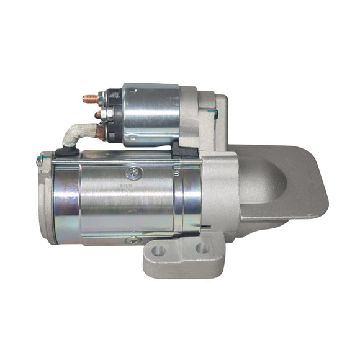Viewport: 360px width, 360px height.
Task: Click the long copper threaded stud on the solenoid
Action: pos(90,98)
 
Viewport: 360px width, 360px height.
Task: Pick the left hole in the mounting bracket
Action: pos(159,251)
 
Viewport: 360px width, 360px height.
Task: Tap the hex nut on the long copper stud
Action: pos(102,99)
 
